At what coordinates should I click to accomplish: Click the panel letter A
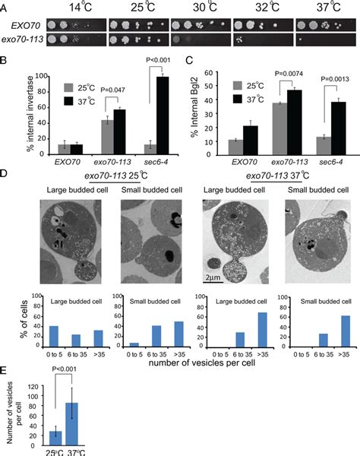click(x=6, y=8)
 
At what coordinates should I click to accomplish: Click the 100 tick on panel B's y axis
click(x=27, y=77)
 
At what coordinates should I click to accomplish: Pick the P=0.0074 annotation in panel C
click(x=288, y=74)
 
